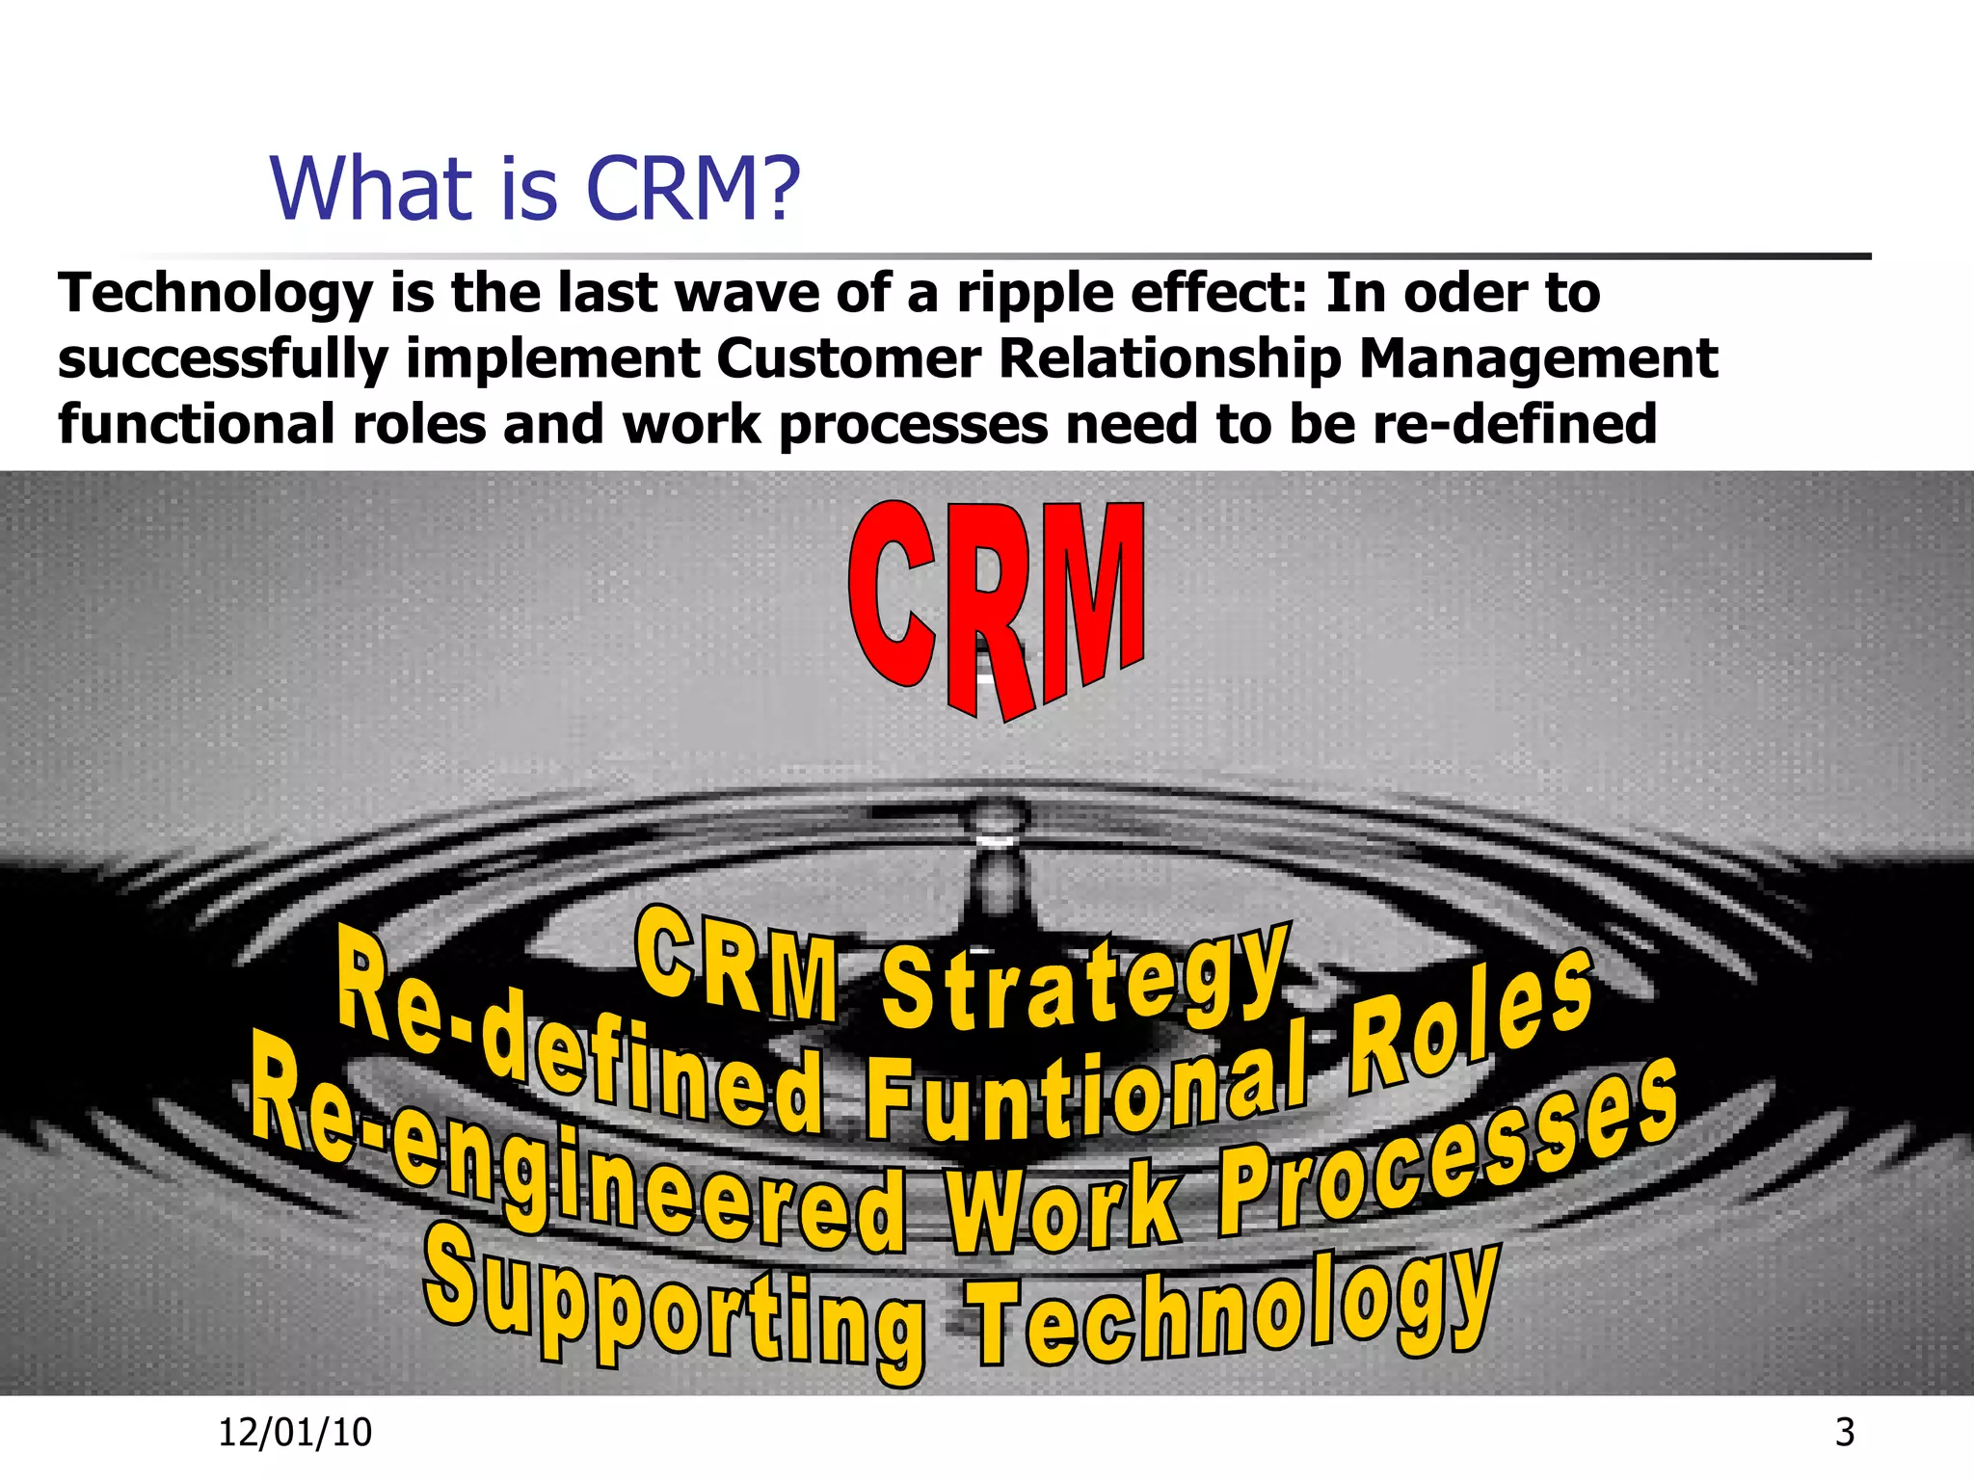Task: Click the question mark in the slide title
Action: pos(777,189)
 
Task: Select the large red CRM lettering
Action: pos(997,607)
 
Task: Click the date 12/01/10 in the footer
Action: pos(295,1433)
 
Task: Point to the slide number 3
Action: pos(1845,1433)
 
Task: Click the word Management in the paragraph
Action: pos(1537,359)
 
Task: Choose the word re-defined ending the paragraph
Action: pos(1514,424)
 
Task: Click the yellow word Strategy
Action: pos(1084,983)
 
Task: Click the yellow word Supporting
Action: pos(675,1306)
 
